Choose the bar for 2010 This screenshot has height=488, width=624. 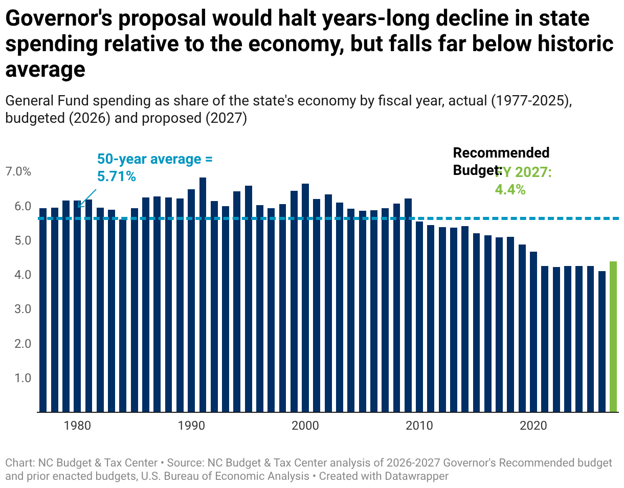point(419,317)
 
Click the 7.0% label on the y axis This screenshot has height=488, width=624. point(18,172)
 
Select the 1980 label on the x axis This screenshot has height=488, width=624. point(78,426)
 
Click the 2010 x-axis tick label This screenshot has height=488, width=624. point(419,426)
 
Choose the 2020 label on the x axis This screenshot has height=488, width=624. point(533,426)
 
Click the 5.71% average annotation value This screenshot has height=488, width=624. point(116,177)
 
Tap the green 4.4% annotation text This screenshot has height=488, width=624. point(510,189)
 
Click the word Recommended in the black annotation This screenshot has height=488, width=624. point(501,152)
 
